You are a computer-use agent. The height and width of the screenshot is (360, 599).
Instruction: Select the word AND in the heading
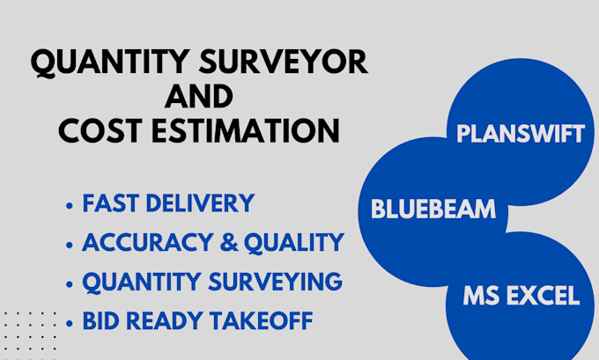[x=199, y=96]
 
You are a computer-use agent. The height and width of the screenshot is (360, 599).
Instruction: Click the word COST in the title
[x=100, y=130]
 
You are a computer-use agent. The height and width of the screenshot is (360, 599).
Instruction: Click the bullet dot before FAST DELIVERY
[x=70, y=206]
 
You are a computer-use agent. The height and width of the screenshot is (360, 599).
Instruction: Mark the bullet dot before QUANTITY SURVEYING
[x=70, y=284]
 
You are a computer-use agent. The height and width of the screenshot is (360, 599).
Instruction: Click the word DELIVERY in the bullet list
[x=199, y=204]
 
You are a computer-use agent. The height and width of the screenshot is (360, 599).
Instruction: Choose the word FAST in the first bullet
[x=110, y=204]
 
